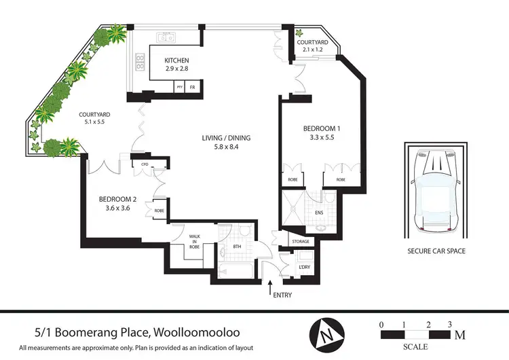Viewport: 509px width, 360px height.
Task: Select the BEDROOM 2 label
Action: (x=118, y=199)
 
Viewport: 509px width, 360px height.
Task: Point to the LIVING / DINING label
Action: (x=226, y=138)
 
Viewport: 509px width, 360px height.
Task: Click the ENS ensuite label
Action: (x=319, y=213)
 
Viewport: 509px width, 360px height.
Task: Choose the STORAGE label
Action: (x=301, y=242)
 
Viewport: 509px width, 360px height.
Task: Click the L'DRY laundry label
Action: (x=303, y=267)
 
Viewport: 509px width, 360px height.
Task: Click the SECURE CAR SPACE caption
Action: (x=436, y=251)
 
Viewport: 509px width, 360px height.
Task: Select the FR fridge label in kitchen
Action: (x=193, y=88)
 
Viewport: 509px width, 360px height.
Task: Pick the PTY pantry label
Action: (x=179, y=88)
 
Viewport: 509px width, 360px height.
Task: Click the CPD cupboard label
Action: (x=145, y=164)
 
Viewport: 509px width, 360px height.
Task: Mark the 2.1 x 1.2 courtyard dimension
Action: (x=313, y=50)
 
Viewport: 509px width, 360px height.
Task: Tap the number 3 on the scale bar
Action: (x=449, y=324)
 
